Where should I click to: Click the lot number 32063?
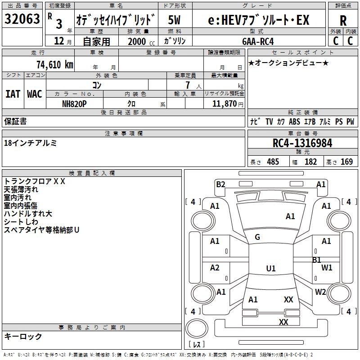click(22, 18)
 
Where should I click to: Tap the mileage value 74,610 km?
click(55, 64)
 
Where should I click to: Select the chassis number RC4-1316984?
click(302, 143)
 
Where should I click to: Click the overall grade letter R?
click(343, 21)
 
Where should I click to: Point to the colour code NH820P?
click(74, 104)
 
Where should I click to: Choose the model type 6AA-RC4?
click(258, 41)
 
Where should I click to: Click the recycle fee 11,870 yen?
click(228, 104)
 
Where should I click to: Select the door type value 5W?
click(174, 20)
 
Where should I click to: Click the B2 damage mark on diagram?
click(220, 184)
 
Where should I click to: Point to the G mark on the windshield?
click(257, 237)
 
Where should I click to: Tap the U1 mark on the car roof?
click(271, 268)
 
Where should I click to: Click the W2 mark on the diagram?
click(320, 292)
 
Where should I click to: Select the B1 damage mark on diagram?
click(317, 260)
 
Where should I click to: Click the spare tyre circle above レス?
click(197, 328)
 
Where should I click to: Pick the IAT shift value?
click(13, 94)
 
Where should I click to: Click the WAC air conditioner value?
click(35, 94)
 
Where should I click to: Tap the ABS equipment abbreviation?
click(294, 121)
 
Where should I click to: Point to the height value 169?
click(346, 162)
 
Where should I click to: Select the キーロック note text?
click(23, 336)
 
